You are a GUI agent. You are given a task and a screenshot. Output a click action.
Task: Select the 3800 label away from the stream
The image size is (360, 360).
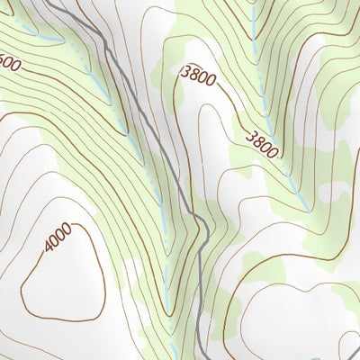pos(198,76)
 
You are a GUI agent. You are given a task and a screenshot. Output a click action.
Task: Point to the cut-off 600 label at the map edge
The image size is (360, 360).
pos(9,65)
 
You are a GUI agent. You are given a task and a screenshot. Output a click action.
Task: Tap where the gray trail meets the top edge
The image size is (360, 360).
pos(51,2)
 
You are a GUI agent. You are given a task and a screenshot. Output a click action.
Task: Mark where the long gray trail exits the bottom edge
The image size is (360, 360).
pos(199,357)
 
